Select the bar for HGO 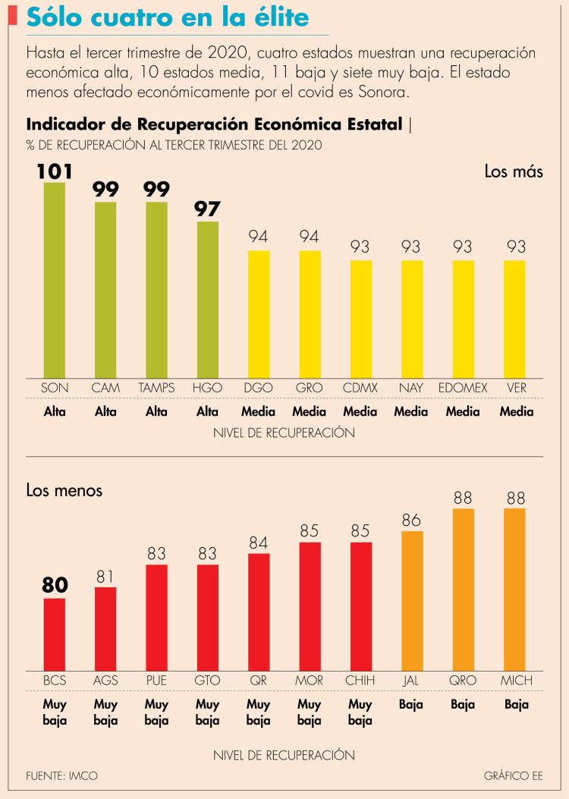(x=208, y=299)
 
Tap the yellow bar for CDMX (x=360, y=319)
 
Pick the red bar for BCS (x=54, y=634)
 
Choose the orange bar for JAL (x=412, y=600)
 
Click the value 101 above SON (x=54, y=171)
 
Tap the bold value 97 (x=207, y=209)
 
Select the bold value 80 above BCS (x=54, y=586)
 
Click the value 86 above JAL (x=412, y=520)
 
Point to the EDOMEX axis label (x=463, y=388)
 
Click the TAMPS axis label (x=156, y=388)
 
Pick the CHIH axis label (x=360, y=680)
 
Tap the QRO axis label (x=463, y=680)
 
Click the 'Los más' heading (x=514, y=171)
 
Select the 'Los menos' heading (x=64, y=491)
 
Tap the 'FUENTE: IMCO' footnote (x=62, y=776)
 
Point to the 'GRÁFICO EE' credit (x=513, y=776)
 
